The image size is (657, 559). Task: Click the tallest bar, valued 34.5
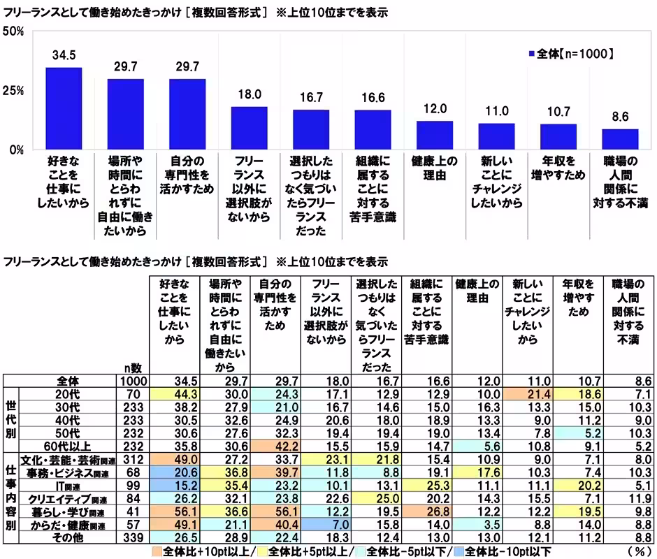(64, 108)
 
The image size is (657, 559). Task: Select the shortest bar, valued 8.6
(620, 139)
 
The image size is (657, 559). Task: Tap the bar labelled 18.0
(250, 128)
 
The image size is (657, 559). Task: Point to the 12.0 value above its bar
(434, 110)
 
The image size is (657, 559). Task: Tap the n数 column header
(132, 368)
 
